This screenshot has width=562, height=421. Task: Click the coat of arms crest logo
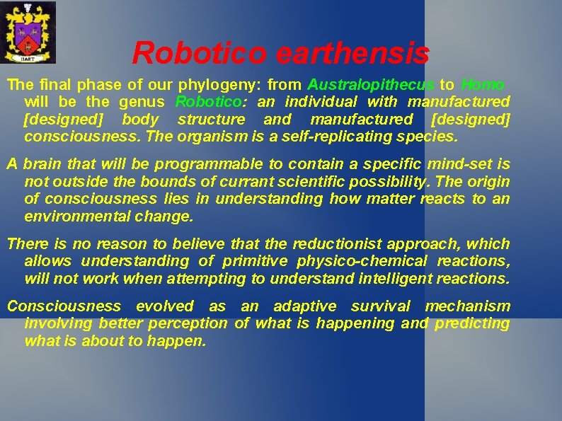[28, 33]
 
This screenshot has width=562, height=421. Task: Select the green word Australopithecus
[372, 85]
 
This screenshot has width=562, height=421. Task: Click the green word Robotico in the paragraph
[205, 102]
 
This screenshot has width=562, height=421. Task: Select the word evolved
[164, 306]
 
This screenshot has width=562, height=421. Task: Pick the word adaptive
[305, 306]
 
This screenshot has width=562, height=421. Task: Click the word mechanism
[467, 306]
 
